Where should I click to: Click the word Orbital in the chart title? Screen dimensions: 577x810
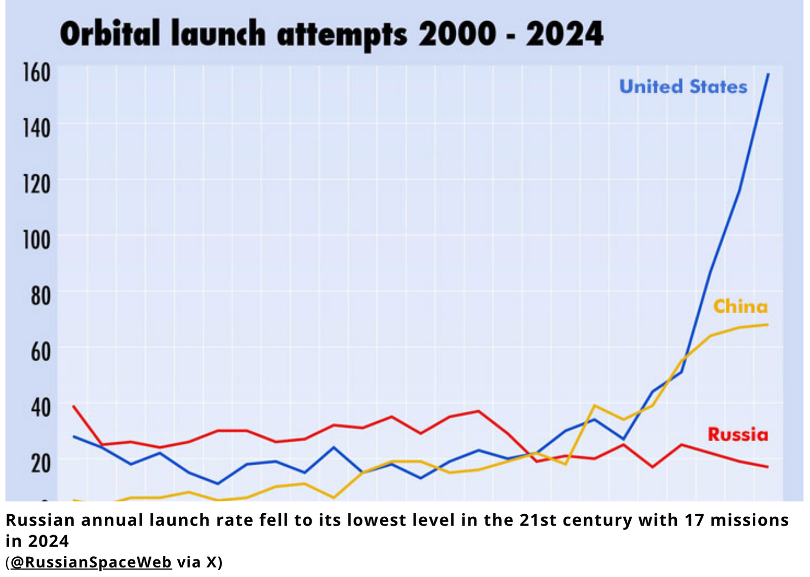point(110,34)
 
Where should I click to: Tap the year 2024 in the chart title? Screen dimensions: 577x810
point(564,34)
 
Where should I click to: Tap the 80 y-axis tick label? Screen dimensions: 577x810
point(40,296)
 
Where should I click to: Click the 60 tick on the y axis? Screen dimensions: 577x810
point(40,351)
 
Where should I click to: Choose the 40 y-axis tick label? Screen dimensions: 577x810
point(40,407)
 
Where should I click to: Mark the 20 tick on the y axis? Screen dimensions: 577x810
point(40,463)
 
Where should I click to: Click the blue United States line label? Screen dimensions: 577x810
point(683,87)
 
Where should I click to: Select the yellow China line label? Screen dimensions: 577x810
point(740,307)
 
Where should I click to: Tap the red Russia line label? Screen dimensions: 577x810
point(738,434)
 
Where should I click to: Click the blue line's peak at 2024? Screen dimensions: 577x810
point(768,74)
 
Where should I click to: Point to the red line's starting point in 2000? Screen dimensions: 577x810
point(73,406)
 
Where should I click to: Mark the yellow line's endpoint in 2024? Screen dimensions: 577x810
point(767,324)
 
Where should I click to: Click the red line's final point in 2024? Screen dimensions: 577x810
point(767,467)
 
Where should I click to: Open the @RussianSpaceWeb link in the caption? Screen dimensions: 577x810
point(91,562)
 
